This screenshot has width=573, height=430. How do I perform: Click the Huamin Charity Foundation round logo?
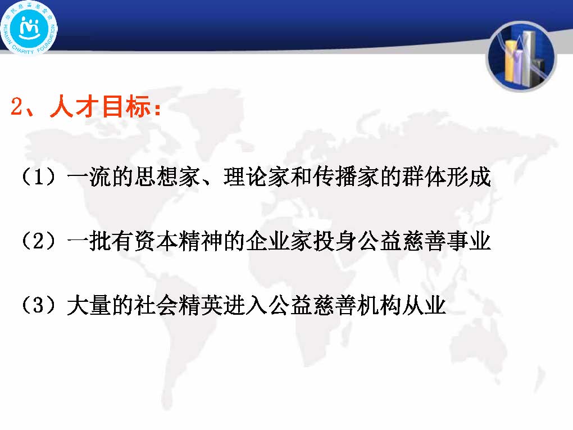coord(29,28)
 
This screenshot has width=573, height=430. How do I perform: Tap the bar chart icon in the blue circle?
coord(521,57)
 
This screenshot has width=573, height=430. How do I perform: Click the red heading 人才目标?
coord(101,107)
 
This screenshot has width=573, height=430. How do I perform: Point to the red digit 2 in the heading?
coord(16,107)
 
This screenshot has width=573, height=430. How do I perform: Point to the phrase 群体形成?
coord(446,176)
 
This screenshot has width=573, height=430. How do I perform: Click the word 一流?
coord(89,176)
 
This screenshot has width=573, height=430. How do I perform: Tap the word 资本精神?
coord(179,241)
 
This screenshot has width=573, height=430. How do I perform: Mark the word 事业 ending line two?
coord(469,241)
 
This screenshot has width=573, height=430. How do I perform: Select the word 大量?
coord(89,305)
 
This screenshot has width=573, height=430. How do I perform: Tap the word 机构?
coord(380,305)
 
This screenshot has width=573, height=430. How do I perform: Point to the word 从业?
coord(424,305)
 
